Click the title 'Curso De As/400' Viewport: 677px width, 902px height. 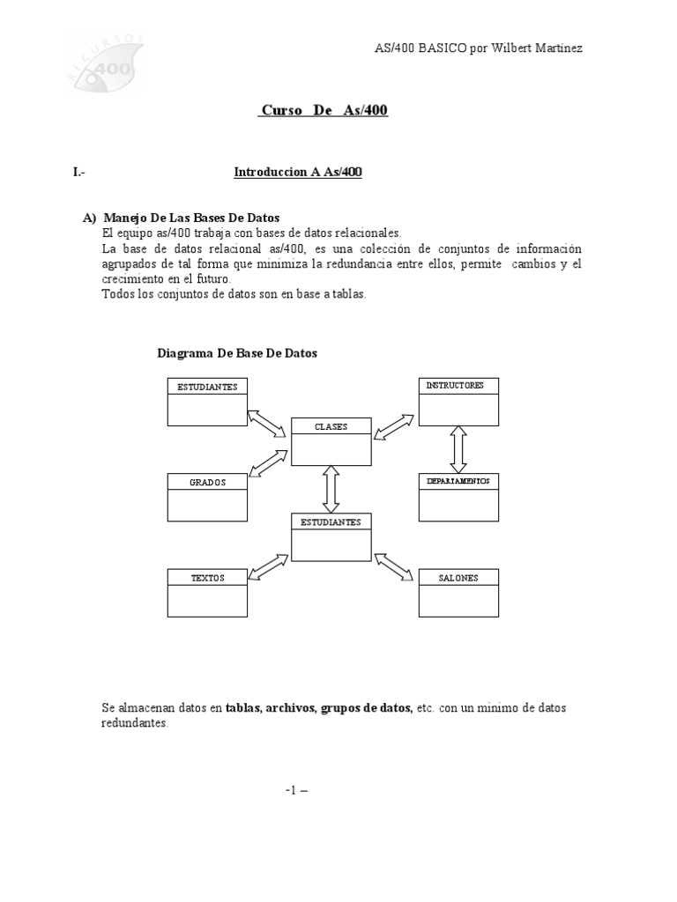coord(324,110)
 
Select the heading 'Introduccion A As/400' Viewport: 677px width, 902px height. coord(298,173)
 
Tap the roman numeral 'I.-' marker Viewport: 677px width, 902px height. coord(79,173)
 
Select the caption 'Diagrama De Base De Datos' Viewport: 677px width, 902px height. coord(237,353)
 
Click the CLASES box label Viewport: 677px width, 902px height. coord(331,426)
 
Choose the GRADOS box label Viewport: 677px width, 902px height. coord(207,482)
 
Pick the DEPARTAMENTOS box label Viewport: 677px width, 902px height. coord(458,481)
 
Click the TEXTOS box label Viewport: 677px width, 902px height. coord(207,578)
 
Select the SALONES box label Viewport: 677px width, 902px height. coord(458,578)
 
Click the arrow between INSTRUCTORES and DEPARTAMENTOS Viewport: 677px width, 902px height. coord(458,449)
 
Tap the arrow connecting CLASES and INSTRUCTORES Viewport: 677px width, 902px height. coord(393,427)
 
